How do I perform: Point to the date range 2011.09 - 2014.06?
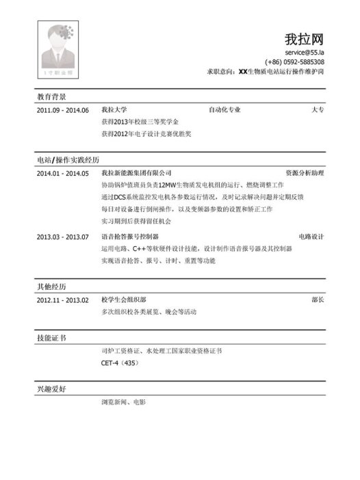pos(63,110)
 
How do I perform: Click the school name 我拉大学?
pos(114,109)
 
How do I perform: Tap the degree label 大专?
pos(318,109)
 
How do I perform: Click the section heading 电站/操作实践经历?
pos(67,160)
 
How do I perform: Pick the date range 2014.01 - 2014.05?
pos(63,173)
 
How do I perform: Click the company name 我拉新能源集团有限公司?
pos(136,173)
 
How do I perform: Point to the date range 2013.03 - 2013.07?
pos(63,237)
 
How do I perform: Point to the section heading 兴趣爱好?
pos(52,389)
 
